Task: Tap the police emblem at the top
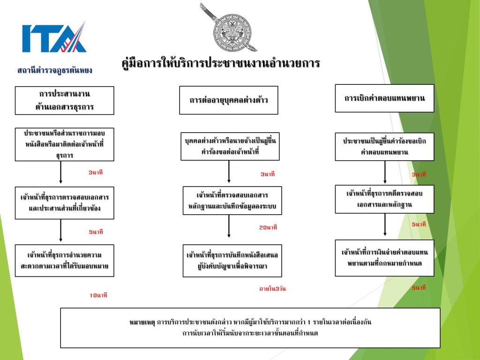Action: [x=230, y=27]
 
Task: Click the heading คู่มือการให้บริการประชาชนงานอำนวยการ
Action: [x=220, y=63]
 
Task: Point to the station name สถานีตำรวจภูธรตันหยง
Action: [x=55, y=70]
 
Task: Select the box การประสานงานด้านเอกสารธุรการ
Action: [x=64, y=100]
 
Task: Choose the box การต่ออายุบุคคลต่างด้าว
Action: [x=228, y=100]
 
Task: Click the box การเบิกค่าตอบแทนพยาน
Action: [x=384, y=98]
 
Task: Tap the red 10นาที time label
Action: [x=98, y=295]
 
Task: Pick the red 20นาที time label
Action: [x=268, y=227]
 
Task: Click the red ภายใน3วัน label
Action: [x=272, y=289]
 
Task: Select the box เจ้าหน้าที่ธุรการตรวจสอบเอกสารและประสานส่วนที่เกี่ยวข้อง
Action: [x=64, y=202]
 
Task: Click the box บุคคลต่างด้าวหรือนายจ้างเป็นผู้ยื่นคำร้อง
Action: [x=230, y=146]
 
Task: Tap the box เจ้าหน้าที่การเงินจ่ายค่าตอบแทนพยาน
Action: [x=384, y=258]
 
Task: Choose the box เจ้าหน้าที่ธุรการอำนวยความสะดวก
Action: [x=64, y=260]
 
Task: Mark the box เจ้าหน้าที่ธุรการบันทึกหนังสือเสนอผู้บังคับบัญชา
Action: [x=232, y=261]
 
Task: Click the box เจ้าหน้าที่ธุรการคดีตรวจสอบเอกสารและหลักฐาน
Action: [x=384, y=199]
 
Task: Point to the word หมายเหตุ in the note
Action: [x=142, y=322]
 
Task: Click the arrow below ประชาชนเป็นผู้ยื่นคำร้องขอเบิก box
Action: [x=385, y=172]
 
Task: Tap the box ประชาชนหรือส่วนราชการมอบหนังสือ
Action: [x=64, y=144]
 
